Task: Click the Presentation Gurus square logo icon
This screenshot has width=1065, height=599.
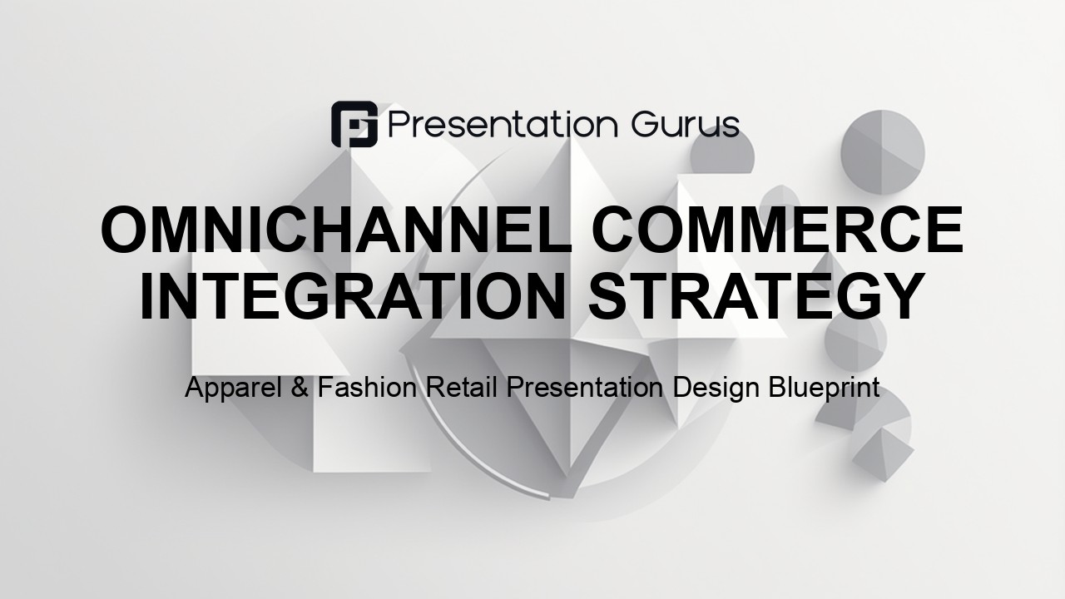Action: pos(354,124)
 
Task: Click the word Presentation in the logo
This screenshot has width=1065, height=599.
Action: pos(503,125)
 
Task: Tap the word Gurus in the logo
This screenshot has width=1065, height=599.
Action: pos(686,125)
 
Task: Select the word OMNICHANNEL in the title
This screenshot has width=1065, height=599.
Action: pos(337,230)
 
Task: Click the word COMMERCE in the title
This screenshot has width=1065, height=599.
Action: pos(778,230)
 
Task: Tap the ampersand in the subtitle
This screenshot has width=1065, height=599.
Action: pos(300,388)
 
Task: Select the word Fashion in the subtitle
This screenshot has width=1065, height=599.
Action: pos(367,388)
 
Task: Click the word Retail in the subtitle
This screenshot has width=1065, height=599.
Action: pos(461,388)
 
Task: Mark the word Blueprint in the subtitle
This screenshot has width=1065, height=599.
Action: pos(824,389)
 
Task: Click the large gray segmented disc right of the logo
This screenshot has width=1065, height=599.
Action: pos(883,152)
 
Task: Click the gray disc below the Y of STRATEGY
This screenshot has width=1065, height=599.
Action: pos(855,341)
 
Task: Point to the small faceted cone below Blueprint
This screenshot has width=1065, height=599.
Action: pos(883,454)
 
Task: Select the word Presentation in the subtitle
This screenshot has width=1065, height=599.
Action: pos(584,388)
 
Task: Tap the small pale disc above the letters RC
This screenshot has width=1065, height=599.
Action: pos(780,202)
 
